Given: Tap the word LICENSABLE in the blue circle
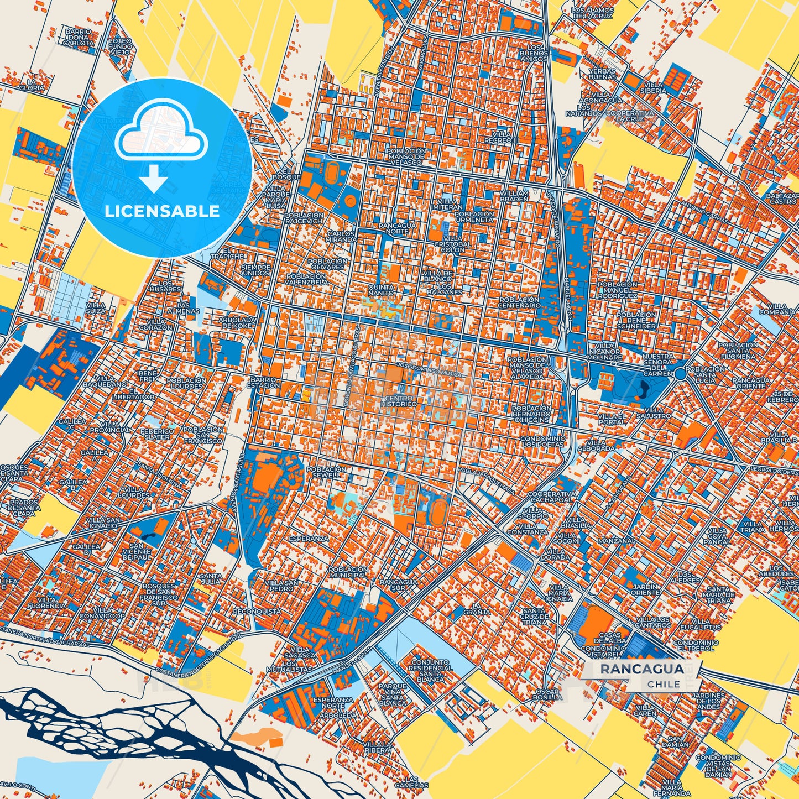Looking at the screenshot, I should (x=162, y=211).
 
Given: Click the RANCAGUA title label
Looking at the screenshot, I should (x=641, y=669).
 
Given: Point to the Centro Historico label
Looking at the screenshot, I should (x=399, y=401).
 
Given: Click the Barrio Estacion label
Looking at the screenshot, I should (x=265, y=382).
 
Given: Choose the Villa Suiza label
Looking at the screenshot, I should (x=96, y=307).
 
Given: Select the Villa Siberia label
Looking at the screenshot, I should (x=652, y=87).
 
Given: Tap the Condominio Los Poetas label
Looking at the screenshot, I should (x=544, y=441).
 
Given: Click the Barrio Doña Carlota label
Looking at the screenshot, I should (x=78, y=37).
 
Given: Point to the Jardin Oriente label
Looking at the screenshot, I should (x=645, y=589).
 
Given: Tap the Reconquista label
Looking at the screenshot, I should (x=257, y=612).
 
